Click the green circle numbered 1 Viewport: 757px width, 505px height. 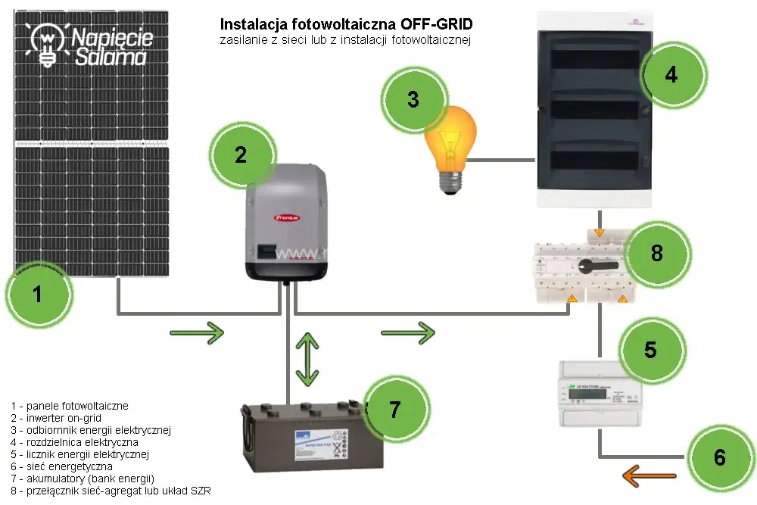click(39, 294)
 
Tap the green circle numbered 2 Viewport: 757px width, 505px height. click(240, 155)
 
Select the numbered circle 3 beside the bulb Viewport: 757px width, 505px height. click(413, 99)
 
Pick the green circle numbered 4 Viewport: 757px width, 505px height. click(671, 75)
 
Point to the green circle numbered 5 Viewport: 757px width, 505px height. click(650, 349)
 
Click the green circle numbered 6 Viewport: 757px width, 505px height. click(719, 457)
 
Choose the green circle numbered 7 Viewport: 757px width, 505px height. click(394, 409)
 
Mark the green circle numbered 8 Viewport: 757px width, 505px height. click(656, 252)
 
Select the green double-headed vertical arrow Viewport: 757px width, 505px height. click(306, 357)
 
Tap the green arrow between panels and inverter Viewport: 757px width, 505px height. click(196, 332)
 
